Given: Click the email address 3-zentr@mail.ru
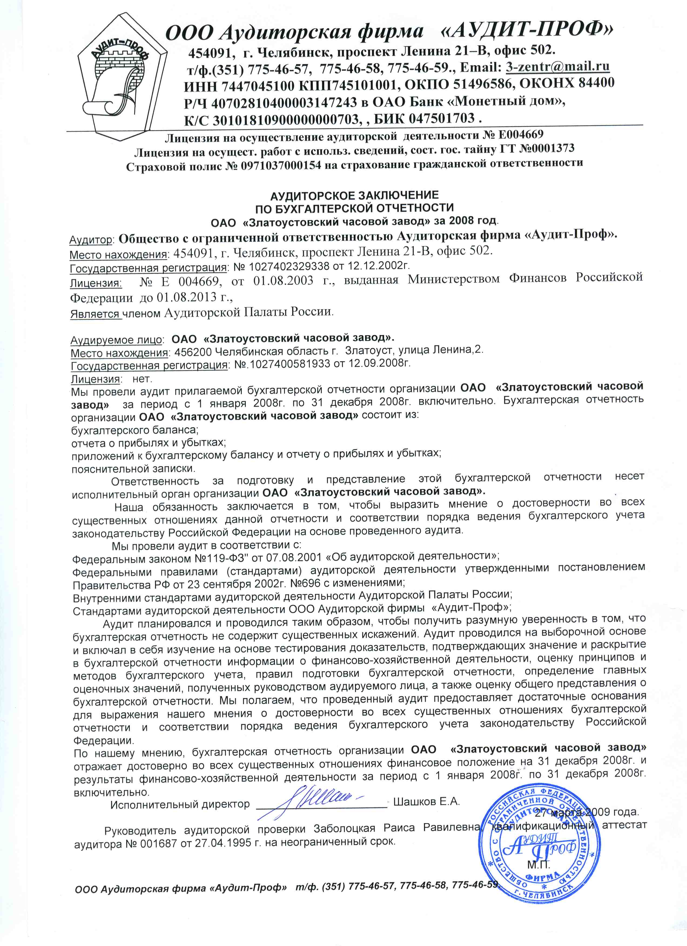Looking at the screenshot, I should (x=557, y=67).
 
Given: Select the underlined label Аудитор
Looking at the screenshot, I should (x=91, y=240).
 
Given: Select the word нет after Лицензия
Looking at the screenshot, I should (x=142, y=379).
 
